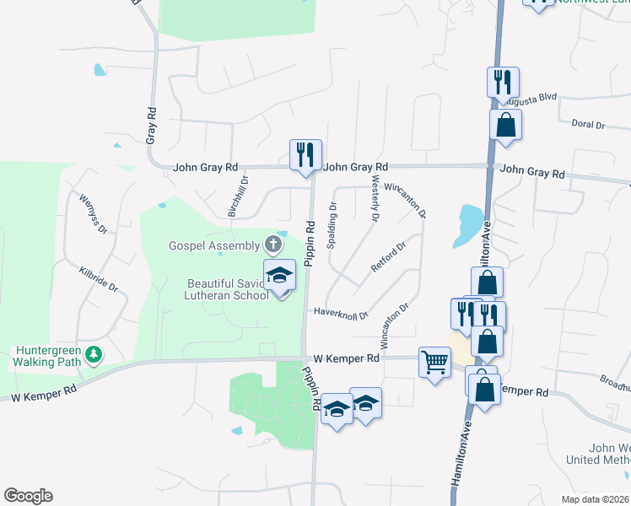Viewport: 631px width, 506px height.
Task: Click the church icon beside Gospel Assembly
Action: [x=272, y=245]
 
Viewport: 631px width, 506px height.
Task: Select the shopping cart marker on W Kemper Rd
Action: [x=434, y=363]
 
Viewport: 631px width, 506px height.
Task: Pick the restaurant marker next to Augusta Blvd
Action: [x=502, y=83]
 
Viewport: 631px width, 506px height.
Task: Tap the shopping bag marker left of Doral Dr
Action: [x=505, y=125]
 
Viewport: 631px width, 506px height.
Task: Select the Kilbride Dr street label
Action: [x=100, y=277]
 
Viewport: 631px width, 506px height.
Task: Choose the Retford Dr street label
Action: [x=388, y=257]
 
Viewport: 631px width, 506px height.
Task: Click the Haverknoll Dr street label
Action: [x=341, y=313]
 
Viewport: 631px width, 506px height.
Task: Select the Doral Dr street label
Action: [x=588, y=125]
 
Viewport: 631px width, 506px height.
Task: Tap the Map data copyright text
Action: [x=596, y=499]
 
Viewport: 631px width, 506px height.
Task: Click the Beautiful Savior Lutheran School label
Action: [x=227, y=288]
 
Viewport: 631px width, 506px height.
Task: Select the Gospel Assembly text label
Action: [x=214, y=245]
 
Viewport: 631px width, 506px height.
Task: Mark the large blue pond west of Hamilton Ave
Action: [x=468, y=224]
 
